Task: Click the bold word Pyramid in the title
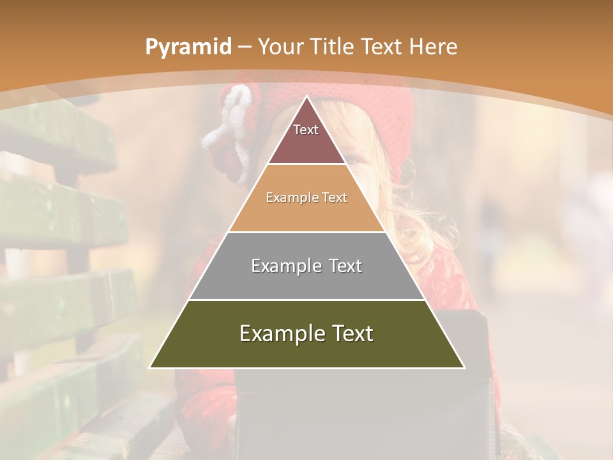pyautogui.click(x=188, y=47)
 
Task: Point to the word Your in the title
pyautogui.click(x=280, y=47)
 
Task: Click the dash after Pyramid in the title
pyautogui.click(x=245, y=47)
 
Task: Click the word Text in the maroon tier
pyautogui.click(x=306, y=130)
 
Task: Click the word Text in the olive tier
pyautogui.click(x=351, y=333)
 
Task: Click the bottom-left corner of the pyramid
pyautogui.click(x=150, y=367)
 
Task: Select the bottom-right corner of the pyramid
pyautogui.click(x=464, y=367)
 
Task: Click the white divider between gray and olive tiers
pyautogui.click(x=306, y=300)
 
